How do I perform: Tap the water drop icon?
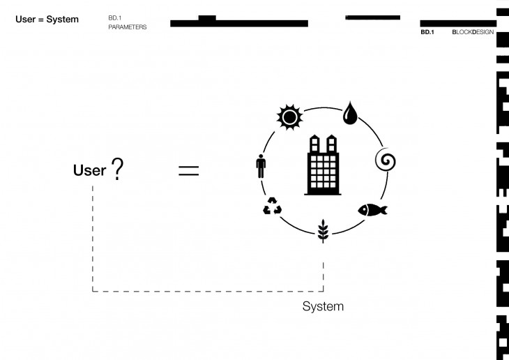[x=349, y=114]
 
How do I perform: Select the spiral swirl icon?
[x=386, y=161]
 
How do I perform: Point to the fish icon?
[x=372, y=209]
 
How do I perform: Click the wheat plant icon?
[x=322, y=230]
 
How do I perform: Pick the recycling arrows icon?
[x=272, y=207]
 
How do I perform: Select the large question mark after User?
[x=116, y=169]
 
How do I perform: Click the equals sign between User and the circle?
[x=188, y=170]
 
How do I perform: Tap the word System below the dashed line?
[x=323, y=306]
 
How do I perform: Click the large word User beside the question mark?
[x=89, y=170]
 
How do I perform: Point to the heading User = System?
[x=47, y=20]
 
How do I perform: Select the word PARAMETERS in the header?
[x=128, y=27]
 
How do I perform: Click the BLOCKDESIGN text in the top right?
[x=472, y=32]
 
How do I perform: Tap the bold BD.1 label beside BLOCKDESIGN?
[x=427, y=32]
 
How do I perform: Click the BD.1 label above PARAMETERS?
[x=115, y=17]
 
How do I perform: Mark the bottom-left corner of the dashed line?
[x=93, y=290]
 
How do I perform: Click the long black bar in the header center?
[x=239, y=24]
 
